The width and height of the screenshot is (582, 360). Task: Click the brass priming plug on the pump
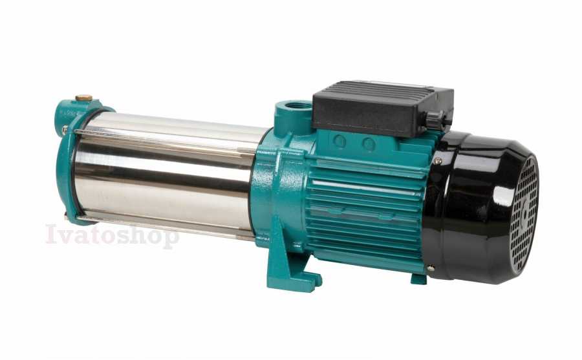click(84, 98)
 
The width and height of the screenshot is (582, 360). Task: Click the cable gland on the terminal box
click(435, 120)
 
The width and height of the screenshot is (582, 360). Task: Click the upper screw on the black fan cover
click(438, 161)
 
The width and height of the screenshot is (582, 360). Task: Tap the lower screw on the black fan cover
click(431, 268)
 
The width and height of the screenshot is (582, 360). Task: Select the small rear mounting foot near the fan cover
click(418, 279)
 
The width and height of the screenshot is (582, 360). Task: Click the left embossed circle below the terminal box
click(339, 141)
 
